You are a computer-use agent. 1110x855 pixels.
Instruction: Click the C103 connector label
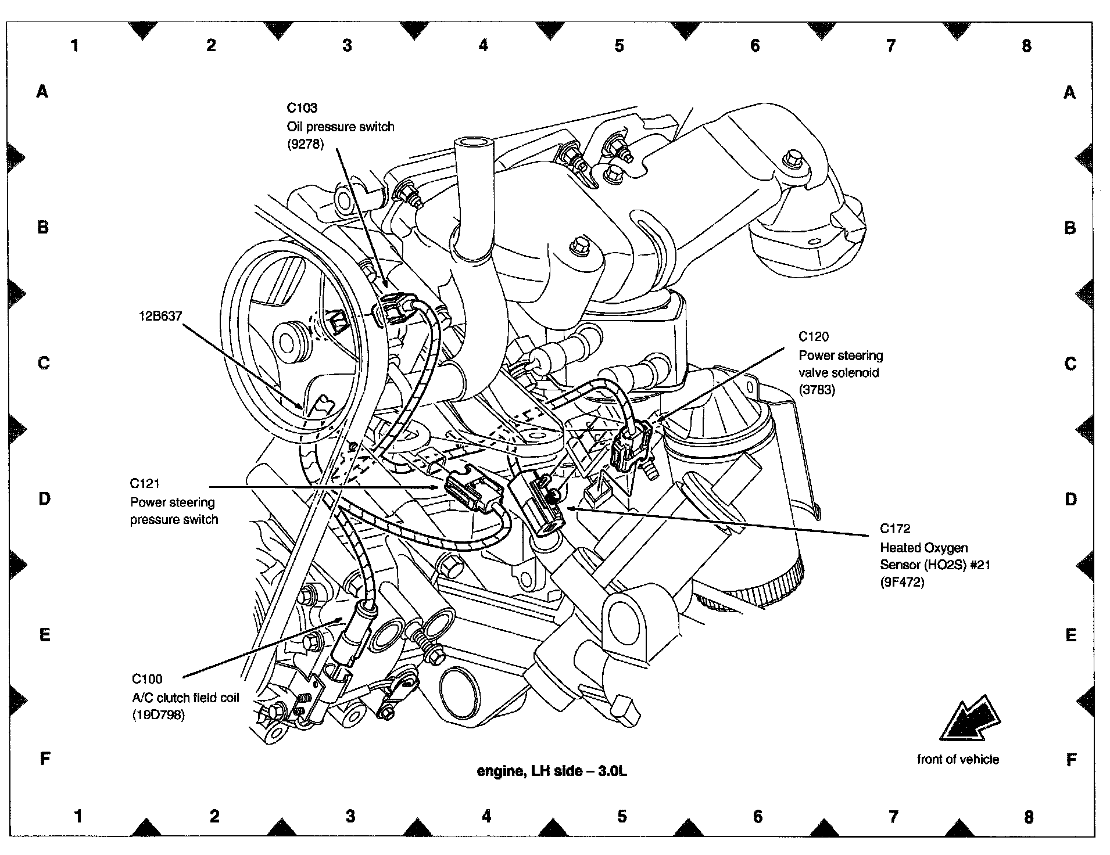pos(302,107)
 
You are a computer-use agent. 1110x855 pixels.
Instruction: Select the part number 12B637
pos(160,317)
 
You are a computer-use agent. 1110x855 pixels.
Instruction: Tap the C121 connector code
pos(145,483)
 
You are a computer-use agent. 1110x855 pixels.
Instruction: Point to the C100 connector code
pos(147,679)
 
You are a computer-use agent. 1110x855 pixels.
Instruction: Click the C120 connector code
pos(814,336)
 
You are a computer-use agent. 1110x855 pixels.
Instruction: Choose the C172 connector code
pos(895,529)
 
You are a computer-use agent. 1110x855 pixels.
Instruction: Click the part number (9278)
pos(305,145)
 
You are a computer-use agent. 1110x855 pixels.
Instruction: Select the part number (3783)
pos(817,390)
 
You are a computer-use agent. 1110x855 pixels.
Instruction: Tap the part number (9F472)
pos(902,581)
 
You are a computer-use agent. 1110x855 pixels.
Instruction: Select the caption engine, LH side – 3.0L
pos(552,771)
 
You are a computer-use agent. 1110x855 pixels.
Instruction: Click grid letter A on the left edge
pos(42,91)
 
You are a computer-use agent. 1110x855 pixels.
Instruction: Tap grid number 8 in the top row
pos(1026,46)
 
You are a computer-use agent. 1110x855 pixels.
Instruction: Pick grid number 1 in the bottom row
pos(78,817)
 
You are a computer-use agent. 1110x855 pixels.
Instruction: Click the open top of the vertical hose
pos(471,142)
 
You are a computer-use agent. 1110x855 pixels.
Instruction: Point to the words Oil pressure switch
pos(341,127)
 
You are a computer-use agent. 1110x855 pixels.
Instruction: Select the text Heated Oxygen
pos(923,547)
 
